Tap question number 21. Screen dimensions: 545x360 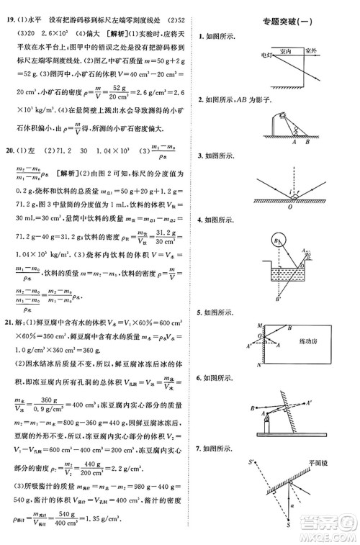tap(9, 322)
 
